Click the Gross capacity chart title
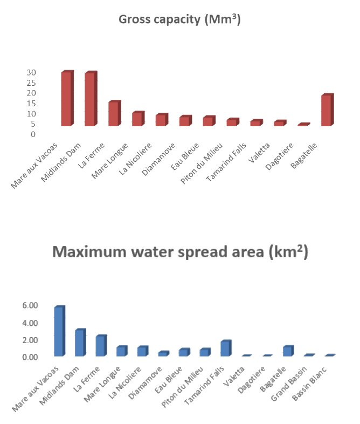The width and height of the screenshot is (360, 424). coord(179,20)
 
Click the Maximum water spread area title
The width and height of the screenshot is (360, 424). coord(180,252)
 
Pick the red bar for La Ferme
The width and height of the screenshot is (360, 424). coord(114,114)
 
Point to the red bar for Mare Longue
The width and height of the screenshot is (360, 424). coord(137,119)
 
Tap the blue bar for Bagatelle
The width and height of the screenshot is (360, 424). coord(288,351)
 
